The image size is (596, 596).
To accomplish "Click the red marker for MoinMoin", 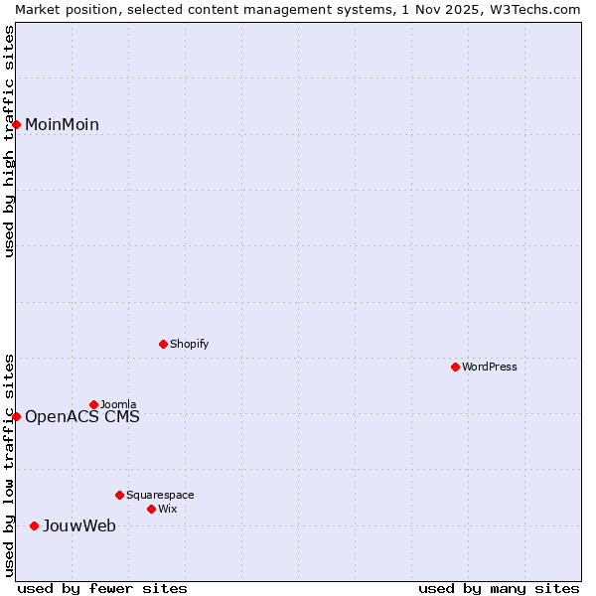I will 17,124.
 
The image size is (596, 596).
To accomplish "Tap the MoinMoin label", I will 62,124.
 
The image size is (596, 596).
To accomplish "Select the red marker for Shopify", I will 163,344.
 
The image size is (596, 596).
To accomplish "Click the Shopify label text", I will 189,344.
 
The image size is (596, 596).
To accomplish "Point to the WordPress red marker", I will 455,367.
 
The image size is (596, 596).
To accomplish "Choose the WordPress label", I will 489,367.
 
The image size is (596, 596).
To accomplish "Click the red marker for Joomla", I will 93,404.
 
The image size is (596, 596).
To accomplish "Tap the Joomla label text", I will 118,404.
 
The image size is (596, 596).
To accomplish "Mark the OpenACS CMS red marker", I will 17,416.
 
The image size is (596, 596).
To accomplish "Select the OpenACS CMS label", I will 81,416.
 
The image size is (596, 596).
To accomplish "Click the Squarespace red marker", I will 119,495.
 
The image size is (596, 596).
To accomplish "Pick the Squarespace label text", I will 160,495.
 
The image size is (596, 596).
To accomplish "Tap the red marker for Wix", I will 151,509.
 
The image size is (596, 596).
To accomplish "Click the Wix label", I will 167,509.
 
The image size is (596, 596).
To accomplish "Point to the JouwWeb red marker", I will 34,525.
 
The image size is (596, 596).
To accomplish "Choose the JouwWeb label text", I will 78,525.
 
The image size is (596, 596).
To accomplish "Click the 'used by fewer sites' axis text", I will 102,588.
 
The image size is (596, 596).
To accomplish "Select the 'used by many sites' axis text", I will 499,588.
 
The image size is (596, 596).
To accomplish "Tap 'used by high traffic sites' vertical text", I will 9,141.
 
